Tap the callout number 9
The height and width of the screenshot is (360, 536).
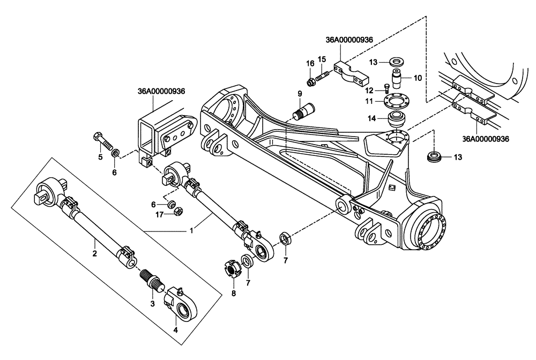300,95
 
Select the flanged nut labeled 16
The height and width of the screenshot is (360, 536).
310,82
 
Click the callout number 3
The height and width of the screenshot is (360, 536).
152,304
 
